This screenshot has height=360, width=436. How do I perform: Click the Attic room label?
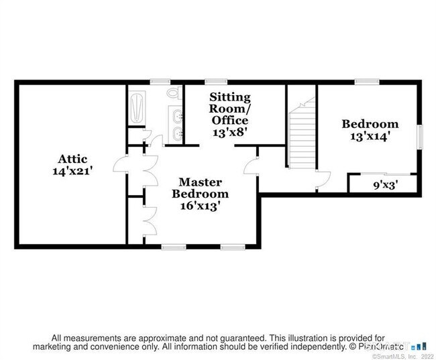point(72,159)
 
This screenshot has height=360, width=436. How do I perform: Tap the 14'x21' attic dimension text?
point(72,171)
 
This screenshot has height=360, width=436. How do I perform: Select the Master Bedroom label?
point(200,188)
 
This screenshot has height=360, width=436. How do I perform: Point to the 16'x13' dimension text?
point(201,206)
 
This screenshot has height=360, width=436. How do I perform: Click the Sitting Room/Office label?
point(229,109)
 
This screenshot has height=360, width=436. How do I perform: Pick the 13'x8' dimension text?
point(230,132)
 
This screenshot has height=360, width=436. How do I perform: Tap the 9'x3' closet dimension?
point(386,185)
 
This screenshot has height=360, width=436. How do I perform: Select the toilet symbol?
point(174,93)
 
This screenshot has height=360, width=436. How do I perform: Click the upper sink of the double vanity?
point(177,116)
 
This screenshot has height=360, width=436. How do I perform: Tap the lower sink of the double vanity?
point(177,134)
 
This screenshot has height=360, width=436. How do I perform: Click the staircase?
point(302,133)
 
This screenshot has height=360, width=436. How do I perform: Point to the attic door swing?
point(120,164)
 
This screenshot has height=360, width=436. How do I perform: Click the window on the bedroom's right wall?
point(420,137)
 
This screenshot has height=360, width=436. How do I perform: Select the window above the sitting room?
point(216,82)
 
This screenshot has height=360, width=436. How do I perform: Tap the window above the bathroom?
point(160,82)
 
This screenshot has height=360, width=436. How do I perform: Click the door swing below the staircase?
point(324,180)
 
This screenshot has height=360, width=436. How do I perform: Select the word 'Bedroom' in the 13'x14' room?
point(370,124)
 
